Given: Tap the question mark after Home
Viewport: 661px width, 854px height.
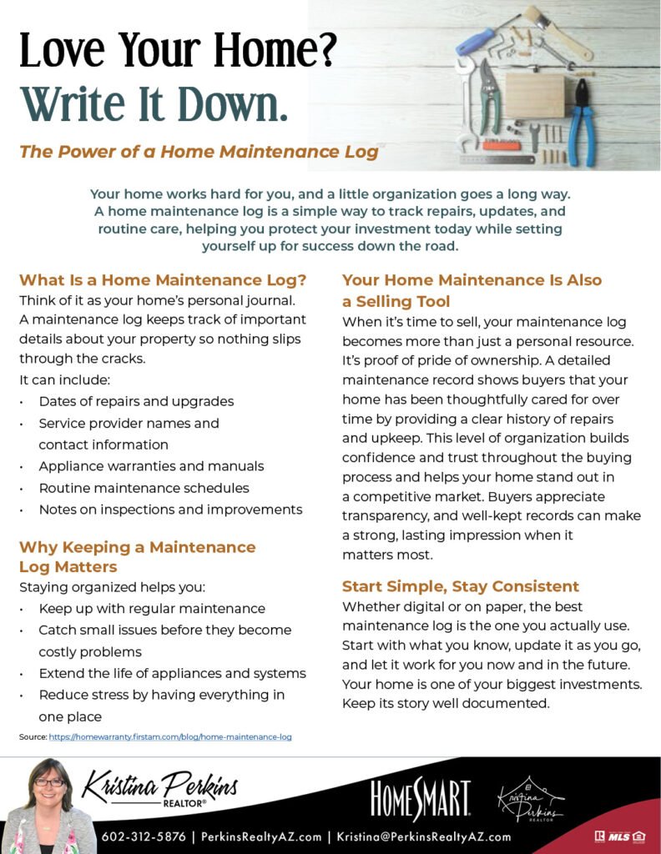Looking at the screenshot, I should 325,52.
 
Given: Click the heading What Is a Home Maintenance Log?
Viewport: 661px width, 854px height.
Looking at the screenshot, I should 163,280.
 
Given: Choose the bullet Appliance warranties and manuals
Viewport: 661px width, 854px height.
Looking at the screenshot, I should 151,466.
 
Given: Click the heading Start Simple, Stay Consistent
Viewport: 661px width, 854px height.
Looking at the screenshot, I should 461,586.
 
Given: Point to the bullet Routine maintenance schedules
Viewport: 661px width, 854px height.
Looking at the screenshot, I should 144,488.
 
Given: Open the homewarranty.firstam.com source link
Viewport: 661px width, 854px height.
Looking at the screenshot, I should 169,737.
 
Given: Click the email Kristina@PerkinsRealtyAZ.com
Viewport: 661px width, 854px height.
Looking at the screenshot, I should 424,836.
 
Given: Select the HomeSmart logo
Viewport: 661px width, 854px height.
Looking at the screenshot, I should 421,800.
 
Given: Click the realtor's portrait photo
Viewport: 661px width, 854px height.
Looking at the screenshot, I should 49,806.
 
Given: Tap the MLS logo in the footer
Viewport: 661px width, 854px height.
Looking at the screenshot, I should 620,836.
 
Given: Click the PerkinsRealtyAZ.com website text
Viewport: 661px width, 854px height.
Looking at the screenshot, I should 261,836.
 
